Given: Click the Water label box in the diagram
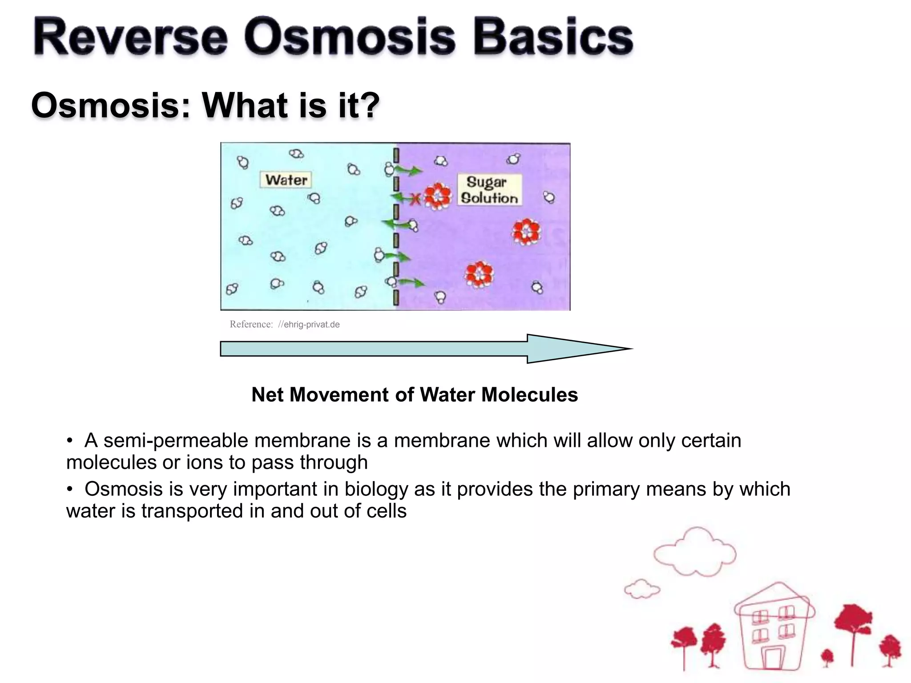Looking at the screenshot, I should pyautogui.click(x=286, y=180).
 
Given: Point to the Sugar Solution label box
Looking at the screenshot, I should pyautogui.click(x=489, y=190).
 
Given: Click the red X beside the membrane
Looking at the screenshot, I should pyautogui.click(x=415, y=200).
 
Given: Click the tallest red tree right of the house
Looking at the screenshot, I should pyautogui.click(x=853, y=623).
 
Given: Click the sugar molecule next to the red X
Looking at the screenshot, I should pyautogui.click(x=438, y=197).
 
